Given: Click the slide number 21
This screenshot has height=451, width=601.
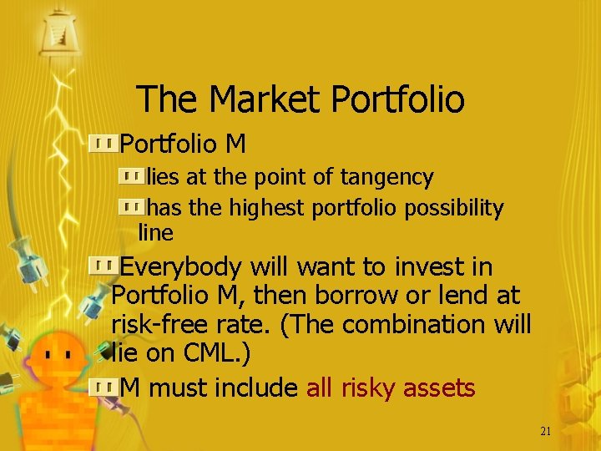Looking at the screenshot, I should [546, 431].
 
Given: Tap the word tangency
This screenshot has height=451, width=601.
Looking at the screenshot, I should [391, 177].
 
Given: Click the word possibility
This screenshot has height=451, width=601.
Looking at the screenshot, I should [454, 207].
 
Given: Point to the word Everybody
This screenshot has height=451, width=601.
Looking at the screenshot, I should [181, 267].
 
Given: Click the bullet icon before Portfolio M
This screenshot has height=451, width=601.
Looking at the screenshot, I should [104, 144].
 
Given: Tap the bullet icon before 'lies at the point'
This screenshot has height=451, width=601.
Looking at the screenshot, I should [130, 176].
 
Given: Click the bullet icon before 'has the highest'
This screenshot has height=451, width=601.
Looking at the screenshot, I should [130, 205].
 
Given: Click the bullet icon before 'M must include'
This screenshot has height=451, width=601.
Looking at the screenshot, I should [104, 386].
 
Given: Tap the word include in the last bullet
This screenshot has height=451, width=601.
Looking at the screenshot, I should [256, 388].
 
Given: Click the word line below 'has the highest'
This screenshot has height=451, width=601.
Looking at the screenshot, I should [154, 232].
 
